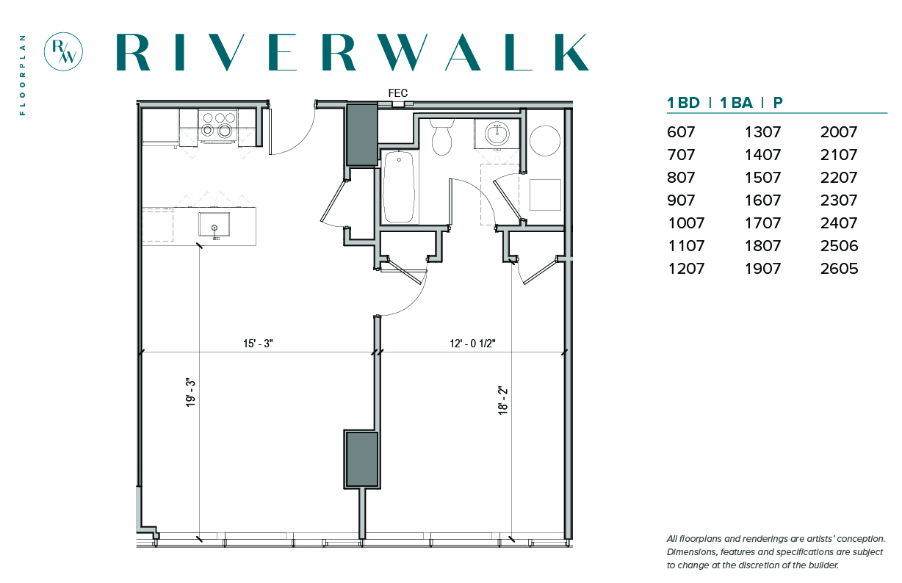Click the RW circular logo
[63, 51]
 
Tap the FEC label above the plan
[398, 93]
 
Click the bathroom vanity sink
[497, 134]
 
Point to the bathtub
[399, 187]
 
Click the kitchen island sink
[214, 225]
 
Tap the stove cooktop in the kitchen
[218, 124]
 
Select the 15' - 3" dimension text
[258, 344]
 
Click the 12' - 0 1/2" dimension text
[472, 344]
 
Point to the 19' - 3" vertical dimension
[190, 393]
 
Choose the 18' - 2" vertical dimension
[503, 401]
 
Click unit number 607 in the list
[681, 132]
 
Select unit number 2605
[839, 269]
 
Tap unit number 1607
[762, 200]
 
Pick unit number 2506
[839, 245]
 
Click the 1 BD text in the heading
[683, 103]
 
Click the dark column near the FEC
[361, 134]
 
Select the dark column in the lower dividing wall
[361, 460]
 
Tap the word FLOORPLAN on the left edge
[23, 76]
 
